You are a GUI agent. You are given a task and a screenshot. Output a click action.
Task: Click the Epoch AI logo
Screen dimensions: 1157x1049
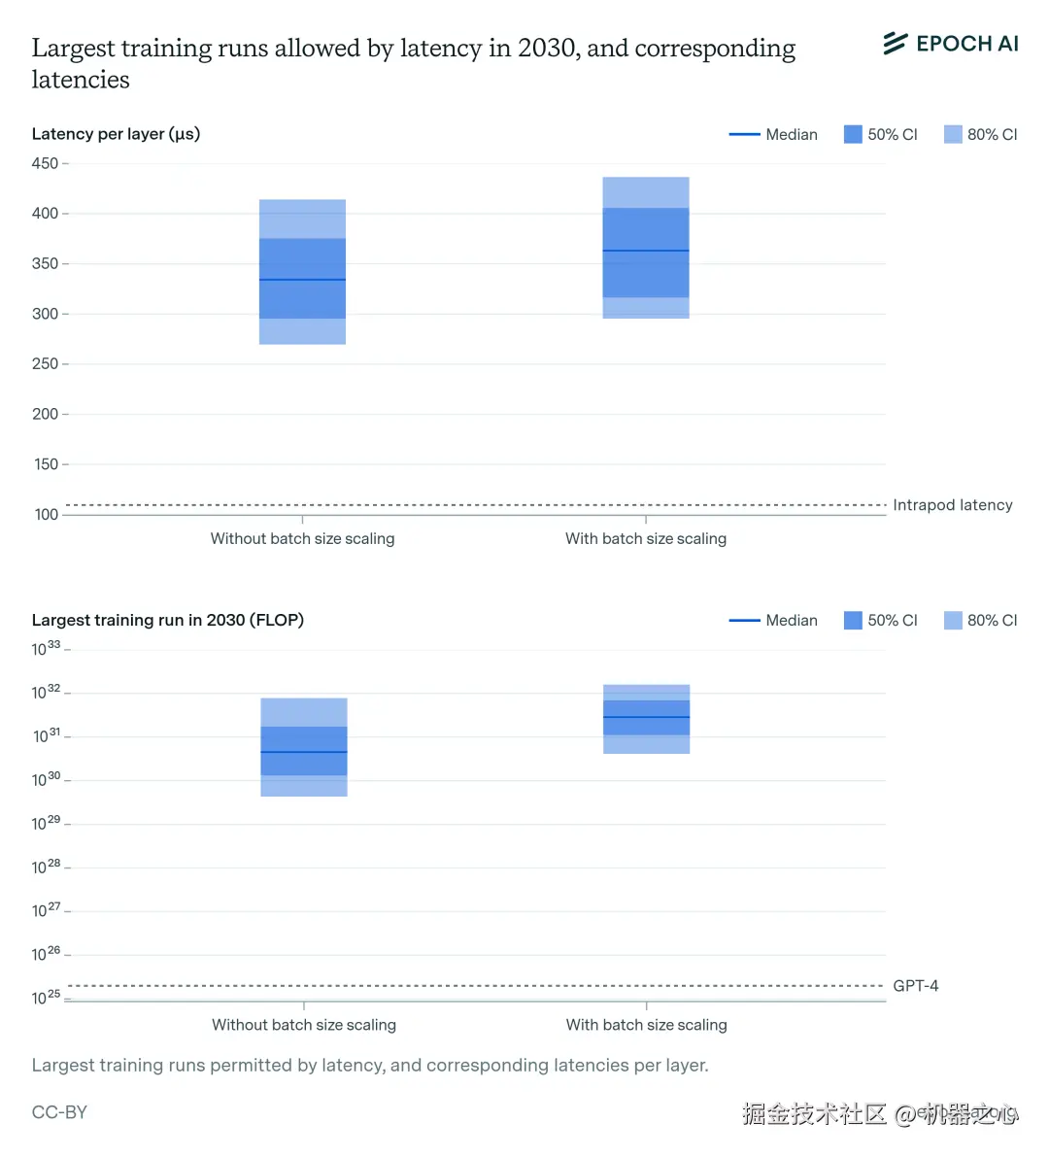tap(950, 44)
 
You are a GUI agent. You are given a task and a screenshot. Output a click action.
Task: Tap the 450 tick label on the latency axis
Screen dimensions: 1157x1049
tap(45, 163)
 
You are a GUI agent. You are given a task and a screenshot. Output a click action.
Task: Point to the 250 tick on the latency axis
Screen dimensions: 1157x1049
tap(45, 363)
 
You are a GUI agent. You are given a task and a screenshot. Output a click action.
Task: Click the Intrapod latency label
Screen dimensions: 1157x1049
tap(952, 505)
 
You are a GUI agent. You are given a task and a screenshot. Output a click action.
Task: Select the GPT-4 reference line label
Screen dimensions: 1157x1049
tap(915, 986)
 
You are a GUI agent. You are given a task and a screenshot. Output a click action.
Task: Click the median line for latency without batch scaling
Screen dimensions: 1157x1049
tap(302, 280)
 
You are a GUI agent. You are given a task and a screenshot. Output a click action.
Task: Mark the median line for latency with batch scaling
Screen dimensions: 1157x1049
tap(646, 251)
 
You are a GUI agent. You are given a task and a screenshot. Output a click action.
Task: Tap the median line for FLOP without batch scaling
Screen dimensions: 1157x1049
tap(304, 752)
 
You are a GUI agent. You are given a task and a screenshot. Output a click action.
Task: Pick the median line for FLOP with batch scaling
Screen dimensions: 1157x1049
tap(647, 717)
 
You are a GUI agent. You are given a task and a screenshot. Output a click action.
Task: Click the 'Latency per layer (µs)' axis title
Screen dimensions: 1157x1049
tap(116, 134)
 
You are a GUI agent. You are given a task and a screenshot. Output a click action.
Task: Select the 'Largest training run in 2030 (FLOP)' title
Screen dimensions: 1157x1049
tap(167, 620)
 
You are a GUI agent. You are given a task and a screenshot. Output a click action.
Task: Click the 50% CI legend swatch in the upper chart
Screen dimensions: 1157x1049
tap(853, 134)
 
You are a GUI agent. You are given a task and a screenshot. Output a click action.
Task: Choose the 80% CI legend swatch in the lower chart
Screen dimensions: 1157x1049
tap(953, 620)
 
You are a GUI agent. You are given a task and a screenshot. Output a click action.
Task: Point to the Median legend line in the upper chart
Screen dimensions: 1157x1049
tap(744, 134)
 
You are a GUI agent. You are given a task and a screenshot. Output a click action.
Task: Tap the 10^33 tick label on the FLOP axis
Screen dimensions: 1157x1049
tap(46, 648)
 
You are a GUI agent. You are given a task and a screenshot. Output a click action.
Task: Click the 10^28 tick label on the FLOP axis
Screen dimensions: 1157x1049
tap(46, 866)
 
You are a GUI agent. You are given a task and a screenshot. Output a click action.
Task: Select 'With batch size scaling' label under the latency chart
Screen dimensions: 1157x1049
tap(646, 538)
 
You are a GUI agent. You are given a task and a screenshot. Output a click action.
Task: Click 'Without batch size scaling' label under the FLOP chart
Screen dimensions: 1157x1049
tap(304, 1025)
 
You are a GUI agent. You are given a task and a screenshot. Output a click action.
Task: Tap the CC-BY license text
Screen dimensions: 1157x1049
tap(59, 1112)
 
